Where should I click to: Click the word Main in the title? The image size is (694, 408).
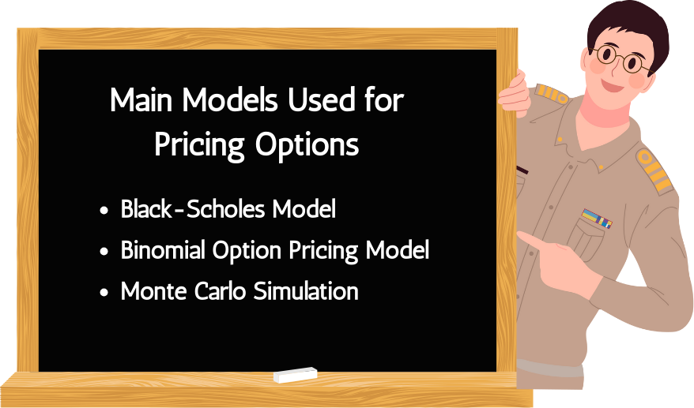point(141,99)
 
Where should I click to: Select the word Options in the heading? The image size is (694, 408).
point(307,144)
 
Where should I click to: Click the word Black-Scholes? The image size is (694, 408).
point(193,208)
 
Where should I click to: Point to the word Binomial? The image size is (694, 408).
point(164,249)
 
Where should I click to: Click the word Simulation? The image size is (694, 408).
point(306,291)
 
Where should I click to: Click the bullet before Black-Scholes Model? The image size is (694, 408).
point(104,211)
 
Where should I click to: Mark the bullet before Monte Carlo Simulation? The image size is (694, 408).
point(104,293)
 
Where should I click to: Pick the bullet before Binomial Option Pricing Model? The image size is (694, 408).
point(104,252)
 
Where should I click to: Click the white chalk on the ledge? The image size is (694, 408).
point(295,375)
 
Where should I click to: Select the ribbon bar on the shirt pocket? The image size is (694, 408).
point(597,219)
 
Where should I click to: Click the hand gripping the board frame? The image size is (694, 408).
point(515,94)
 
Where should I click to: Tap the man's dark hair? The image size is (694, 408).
point(628,27)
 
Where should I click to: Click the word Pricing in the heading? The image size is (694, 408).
point(199,144)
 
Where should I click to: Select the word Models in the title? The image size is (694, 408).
point(230,99)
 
